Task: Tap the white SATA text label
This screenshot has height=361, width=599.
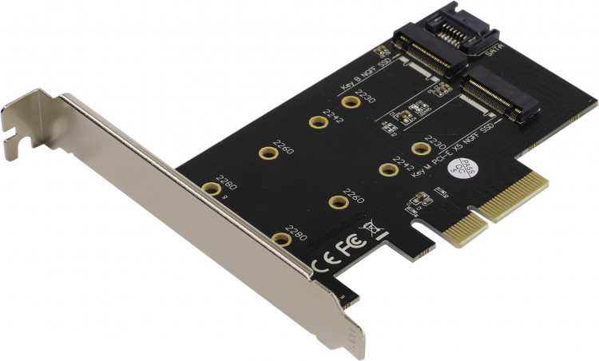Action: pyautogui.click(x=494, y=50)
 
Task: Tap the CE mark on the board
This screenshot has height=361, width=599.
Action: pyautogui.click(x=325, y=263)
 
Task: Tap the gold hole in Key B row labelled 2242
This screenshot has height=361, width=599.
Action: pyautogui.click(x=318, y=123)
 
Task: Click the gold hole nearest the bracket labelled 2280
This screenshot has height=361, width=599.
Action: pyautogui.click(x=210, y=189)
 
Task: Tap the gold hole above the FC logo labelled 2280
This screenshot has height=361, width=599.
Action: pyautogui.click(x=280, y=238)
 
